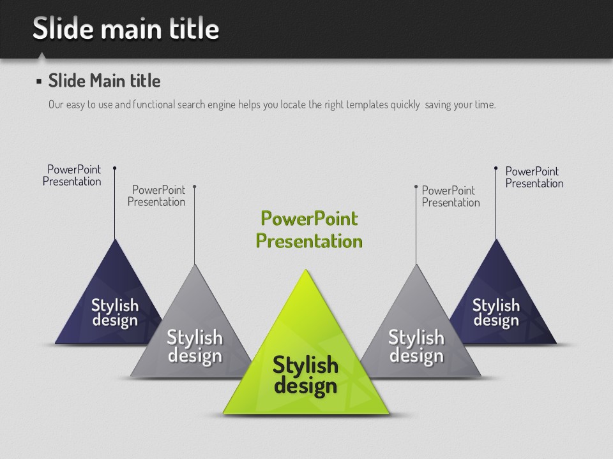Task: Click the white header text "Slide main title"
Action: (126, 28)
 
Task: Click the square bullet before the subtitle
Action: (39, 82)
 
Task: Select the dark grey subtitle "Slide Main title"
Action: (104, 81)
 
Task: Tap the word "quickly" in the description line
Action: (405, 105)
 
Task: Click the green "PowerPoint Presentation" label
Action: (309, 229)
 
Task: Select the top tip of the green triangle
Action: (306, 270)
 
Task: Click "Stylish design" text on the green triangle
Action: (305, 375)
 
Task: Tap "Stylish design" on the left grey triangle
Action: (195, 347)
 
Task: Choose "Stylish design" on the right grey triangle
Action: (416, 347)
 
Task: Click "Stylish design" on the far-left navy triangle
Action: (115, 312)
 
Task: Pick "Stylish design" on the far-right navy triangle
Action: (496, 312)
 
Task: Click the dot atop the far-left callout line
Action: (114, 168)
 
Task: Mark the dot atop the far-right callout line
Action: (496, 168)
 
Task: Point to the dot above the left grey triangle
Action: (194, 187)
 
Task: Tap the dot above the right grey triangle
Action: (416, 187)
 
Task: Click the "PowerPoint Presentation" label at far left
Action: (72, 175)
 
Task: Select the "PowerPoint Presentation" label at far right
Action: (534, 177)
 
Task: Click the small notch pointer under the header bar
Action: (41, 55)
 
